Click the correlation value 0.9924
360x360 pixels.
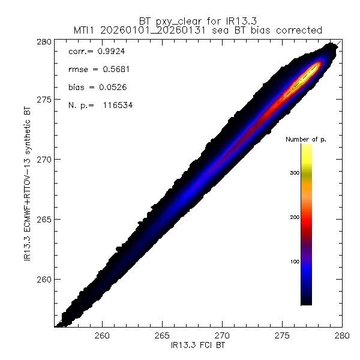[110, 52]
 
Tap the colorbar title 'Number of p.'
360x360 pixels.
[305, 139]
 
